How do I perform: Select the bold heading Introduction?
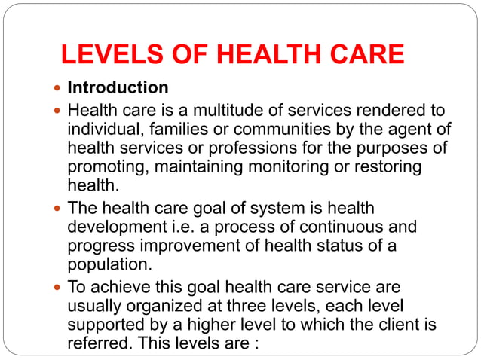point(118,87)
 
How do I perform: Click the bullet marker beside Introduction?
point(58,88)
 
